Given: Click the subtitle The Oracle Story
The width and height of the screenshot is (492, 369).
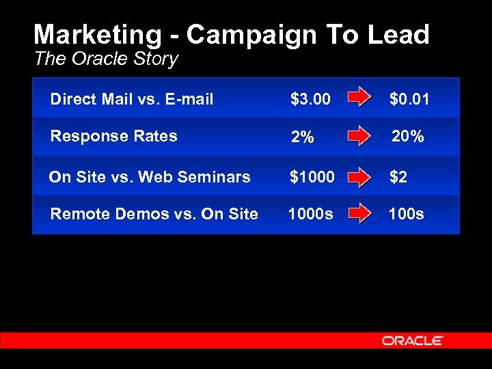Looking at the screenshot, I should [x=106, y=59].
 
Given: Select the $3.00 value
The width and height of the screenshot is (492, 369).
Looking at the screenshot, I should [x=310, y=100].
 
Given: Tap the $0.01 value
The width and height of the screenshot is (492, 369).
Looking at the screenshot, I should [x=409, y=100].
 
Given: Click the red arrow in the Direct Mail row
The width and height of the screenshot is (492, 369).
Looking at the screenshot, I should [x=359, y=98].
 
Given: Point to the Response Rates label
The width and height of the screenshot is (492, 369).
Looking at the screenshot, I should [x=113, y=136].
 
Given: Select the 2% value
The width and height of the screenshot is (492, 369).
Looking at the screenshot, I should [x=302, y=137].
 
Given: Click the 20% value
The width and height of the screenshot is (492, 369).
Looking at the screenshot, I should [x=408, y=137].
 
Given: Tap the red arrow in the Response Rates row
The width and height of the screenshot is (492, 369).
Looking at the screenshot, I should [x=359, y=137].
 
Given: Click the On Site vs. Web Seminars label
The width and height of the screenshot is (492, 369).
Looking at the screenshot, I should [x=150, y=177].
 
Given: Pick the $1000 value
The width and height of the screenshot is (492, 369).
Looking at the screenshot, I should [x=312, y=177].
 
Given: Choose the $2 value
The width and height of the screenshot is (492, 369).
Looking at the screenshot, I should [x=398, y=177].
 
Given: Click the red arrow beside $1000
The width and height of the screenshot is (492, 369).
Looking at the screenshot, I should [x=359, y=178].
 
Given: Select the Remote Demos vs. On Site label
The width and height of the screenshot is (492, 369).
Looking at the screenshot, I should [x=154, y=214].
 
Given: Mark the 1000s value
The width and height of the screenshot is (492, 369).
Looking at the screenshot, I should [x=311, y=214].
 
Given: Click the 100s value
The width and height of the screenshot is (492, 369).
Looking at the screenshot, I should [x=406, y=214].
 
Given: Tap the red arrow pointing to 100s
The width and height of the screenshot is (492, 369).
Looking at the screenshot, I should [x=359, y=214].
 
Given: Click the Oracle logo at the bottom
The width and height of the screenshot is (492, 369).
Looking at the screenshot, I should [x=412, y=340].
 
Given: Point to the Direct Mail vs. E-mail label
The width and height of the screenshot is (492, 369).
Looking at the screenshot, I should [x=132, y=100].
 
